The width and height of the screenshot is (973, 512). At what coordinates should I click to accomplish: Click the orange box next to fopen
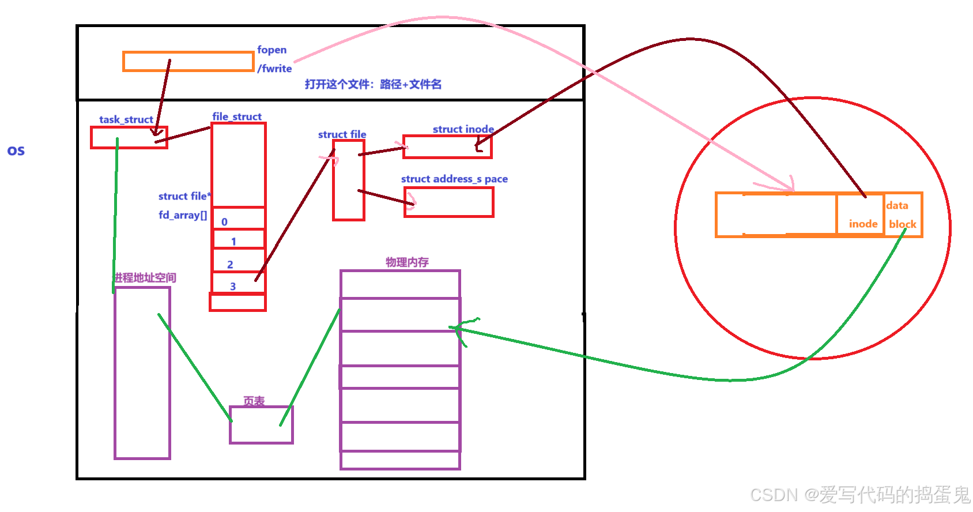click(x=188, y=62)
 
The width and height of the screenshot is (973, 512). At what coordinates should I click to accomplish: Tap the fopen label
click(x=271, y=50)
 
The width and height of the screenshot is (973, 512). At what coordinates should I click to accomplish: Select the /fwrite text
click(x=274, y=69)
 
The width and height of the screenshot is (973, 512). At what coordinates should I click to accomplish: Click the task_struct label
click(x=126, y=120)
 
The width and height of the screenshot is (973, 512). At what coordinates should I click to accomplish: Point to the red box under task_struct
click(x=129, y=138)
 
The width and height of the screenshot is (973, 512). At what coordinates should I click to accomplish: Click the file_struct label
click(x=237, y=117)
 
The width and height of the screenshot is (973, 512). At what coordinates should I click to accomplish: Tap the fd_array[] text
click(x=183, y=215)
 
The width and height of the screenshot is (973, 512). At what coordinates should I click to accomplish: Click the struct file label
click(x=342, y=135)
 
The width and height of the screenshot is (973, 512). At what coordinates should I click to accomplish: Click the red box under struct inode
click(x=447, y=146)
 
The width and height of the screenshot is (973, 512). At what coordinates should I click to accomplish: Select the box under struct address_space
click(x=448, y=202)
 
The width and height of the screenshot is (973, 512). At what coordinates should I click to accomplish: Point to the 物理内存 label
click(x=407, y=262)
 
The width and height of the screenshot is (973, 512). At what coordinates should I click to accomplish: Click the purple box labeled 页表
click(x=261, y=425)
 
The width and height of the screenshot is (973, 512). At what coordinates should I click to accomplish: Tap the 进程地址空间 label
click(x=145, y=278)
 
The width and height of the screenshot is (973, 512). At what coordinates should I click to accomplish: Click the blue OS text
click(x=16, y=151)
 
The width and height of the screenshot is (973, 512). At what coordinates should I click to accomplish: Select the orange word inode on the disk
click(x=863, y=224)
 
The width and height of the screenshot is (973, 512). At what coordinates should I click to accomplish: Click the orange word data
click(x=897, y=206)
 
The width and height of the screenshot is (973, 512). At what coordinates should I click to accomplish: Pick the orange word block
click(x=902, y=224)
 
